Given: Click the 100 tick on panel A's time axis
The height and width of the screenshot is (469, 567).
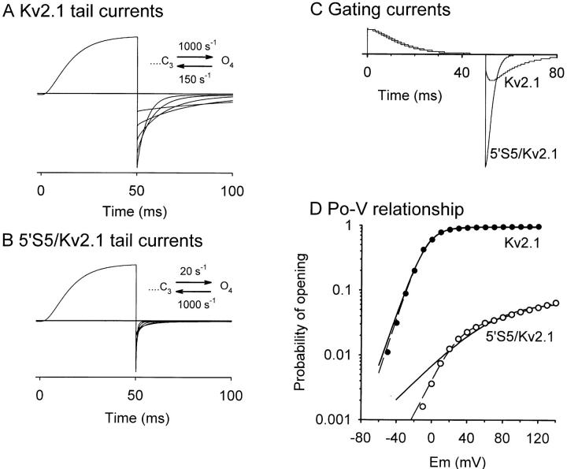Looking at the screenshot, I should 230,190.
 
